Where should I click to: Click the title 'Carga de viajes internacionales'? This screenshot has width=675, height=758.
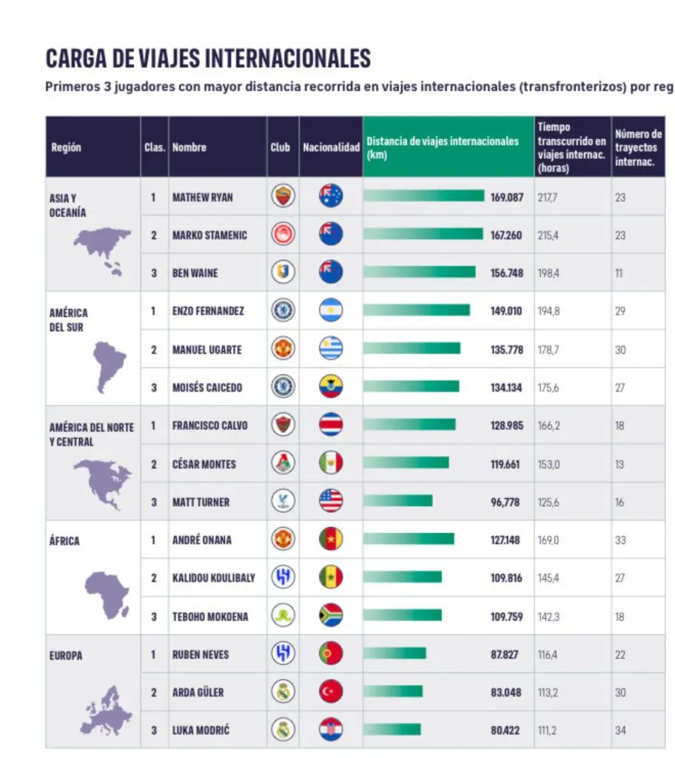click(x=208, y=58)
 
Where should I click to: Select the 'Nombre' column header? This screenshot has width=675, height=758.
click(x=189, y=147)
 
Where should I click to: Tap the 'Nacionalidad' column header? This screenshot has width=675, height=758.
click(x=331, y=147)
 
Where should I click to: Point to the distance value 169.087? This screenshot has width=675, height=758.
click(x=506, y=198)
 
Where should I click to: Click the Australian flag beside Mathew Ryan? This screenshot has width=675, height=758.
click(x=331, y=196)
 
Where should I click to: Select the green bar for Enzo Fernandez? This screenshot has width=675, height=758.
click(x=417, y=310)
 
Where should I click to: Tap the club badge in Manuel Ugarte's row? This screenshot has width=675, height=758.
click(x=283, y=349)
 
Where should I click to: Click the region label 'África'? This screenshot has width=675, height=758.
click(x=64, y=540)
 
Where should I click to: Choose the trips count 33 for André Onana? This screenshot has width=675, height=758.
click(x=620, y=540)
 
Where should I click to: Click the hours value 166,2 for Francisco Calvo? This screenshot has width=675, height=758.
click(x=548, y=426)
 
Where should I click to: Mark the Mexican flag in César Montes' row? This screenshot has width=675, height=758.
click(x=331, y=463)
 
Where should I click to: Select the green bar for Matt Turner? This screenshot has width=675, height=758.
click(x=398, y=501)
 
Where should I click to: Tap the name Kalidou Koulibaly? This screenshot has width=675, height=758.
click(x=213, y=578)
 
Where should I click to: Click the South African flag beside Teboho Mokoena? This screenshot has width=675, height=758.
click(x=331, y=616)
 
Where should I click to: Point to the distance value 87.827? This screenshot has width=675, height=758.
click(x=506, y=654)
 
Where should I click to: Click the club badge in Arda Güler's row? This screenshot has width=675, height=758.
click(x=283, y=692)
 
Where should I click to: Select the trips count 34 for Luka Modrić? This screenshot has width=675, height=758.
click(x=620, y=731)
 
